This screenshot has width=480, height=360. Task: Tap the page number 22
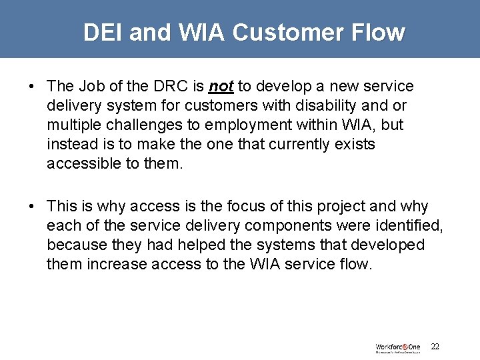coord(435,347)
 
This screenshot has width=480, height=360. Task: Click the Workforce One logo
coord(398,347)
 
